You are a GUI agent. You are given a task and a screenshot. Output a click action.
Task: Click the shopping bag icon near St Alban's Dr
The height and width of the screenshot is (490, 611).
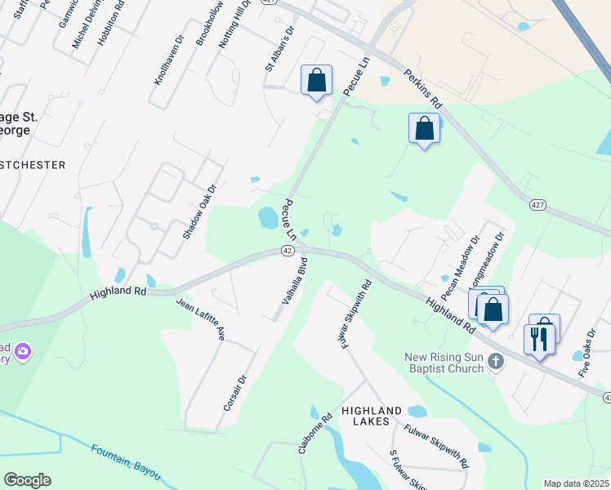click(316, 81)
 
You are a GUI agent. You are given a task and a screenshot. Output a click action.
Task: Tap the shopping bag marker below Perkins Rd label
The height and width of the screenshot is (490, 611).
click(424, 128)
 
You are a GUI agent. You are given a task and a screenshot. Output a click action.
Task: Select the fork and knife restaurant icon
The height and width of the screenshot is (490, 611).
click(538, 339)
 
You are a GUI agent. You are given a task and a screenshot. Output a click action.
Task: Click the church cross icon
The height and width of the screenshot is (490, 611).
click(495, 360)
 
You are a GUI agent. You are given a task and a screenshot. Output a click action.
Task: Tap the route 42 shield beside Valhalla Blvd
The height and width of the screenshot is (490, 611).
click(288, 250)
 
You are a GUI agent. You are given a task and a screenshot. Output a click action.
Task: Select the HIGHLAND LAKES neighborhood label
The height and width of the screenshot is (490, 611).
click(372, 416)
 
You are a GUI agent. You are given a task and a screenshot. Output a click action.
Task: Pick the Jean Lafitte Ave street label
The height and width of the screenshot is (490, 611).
click(200, 319)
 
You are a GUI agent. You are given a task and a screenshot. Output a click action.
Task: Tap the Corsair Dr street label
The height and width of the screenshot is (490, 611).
click(234, 393)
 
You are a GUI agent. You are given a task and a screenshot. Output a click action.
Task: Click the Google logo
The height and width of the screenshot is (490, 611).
click(27, 480)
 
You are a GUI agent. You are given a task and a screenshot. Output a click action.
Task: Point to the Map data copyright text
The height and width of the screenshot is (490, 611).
click(575, 483)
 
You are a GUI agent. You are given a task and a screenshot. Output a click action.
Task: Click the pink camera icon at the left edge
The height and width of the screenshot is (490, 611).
click(23, 351)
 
